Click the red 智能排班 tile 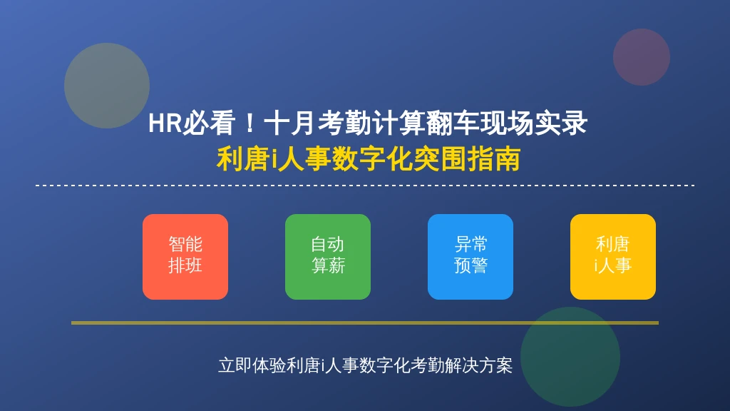pyautogui.click(x=185, y=257)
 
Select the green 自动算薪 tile pyautogui.click(x=328, y=257)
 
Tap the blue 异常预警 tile pyautogui.click(x=471, y=257)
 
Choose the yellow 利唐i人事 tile pyautogui.click(x=612, y=257)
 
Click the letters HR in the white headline pyautogui.click(x=165, y=123)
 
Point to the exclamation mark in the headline pyautogui.click(x=250, y=123)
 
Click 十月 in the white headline pyautogui.click(x=289, y=123)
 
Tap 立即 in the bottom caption pyautogui.click(x=235, y=365)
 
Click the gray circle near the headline pyautogui.click(x=107, y=86)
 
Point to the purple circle pyautogui.click(x=642, y=57)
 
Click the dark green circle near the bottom pyautogui.click(x=570, y=357)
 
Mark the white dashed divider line pyautogui.click(x=365, y=186)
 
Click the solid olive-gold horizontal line pyautogui.click(x=365, y=323)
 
